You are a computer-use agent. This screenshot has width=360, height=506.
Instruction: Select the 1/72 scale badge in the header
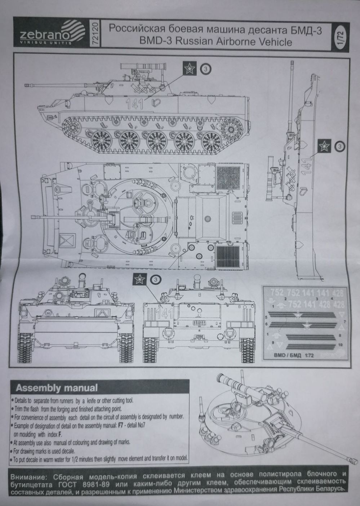pyautogui.click(x=339, y=37)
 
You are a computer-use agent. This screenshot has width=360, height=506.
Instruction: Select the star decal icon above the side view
pyautogui.click(x=188, y=68)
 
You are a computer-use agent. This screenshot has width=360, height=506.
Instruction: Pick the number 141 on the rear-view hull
pyautogui.click(x=164, y=312)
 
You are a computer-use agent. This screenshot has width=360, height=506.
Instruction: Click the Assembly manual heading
pyautogui.click(x=57, y=388)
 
